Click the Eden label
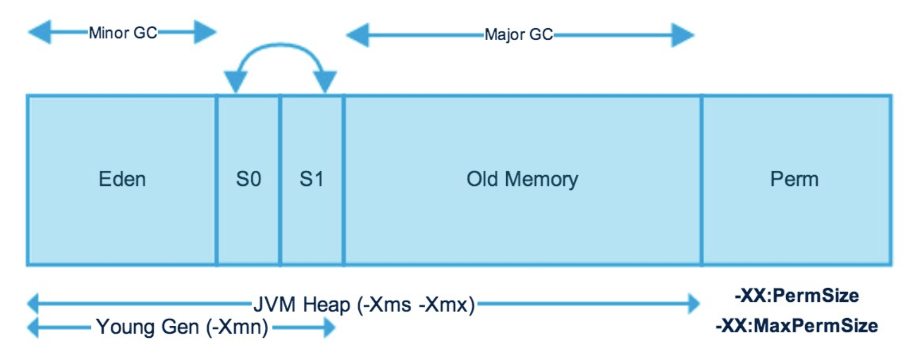(x=122, y=179)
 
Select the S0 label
(x=248, y=179)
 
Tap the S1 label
(x=312, y=179)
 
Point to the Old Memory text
(x=522, y=179)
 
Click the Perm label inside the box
(x=794, y=179)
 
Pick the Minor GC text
(x=123, y=33)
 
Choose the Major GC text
(x=519, y=34)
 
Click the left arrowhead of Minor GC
(x=40, y=32)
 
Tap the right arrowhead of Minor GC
(x=205, y=32)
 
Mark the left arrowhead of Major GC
(x=357, y=35)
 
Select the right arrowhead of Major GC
(x=683, y=35)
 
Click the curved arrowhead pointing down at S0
(x=236, y=82)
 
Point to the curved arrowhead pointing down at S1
(x=325, y=82)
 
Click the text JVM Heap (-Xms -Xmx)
(x=364, y=305)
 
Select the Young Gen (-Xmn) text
(x=182, y=327)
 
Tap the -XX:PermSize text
(x=797, y=296)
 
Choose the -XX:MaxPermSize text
(x=797, y=326)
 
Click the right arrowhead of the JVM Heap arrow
(x=694, y=304)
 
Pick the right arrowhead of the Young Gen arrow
(x=330, y=327)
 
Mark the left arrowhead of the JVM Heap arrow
(x=33, y=304)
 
